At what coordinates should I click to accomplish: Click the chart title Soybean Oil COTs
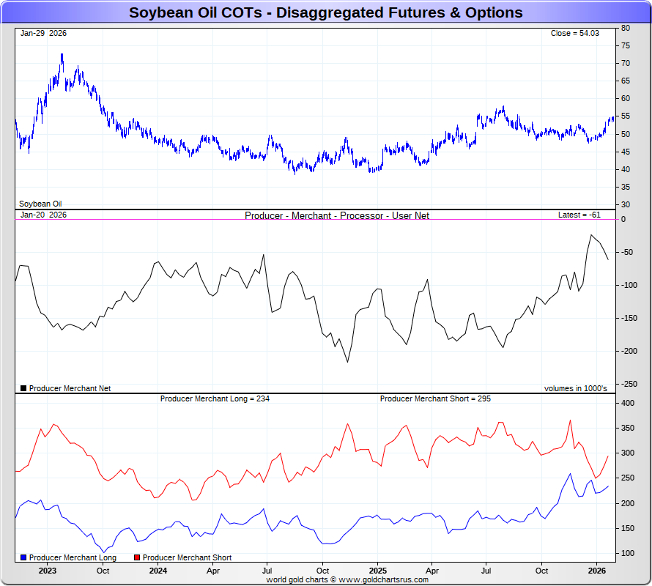tap(325, 12)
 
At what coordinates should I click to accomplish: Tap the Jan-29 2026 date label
tap(43, 33)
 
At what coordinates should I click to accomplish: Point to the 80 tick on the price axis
tap(626, 28)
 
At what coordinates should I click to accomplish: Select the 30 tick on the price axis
tap(626, 204)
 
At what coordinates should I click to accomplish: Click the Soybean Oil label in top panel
tap(40, 204)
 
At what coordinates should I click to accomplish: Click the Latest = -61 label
tap(579, 215)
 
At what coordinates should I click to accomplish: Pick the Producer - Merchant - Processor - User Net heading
tap(337, 215)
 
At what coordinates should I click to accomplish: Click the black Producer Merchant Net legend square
tap(23, 388)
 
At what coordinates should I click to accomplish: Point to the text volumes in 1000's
tap(575, 388)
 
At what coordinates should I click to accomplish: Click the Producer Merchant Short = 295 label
tap(435, 398)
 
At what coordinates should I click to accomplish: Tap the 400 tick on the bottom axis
tap(628, 403)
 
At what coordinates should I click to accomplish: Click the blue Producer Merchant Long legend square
tap(23, 557)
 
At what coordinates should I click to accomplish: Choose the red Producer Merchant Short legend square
tap(137, 557)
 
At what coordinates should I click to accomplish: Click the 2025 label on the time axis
tap(377, 570)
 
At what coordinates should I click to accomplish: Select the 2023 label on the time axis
tap(48, 570)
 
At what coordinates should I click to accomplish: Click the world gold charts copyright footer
tap(347, 579)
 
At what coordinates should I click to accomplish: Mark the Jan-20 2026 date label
tap(43, 215)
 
